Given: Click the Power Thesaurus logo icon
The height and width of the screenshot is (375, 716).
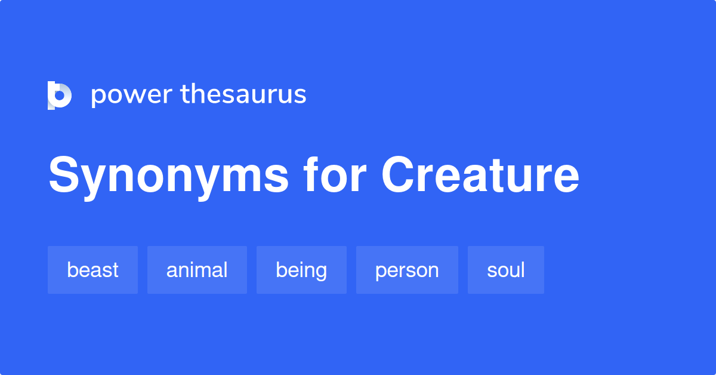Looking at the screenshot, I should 59,96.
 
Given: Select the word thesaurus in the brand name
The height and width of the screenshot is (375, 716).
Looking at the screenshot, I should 243,94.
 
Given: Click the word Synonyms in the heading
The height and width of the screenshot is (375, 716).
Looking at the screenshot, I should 169,176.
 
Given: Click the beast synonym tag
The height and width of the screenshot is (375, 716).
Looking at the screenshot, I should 92,270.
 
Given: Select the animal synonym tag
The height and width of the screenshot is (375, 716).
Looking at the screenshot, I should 197,270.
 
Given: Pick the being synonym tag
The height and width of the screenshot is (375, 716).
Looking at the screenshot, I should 301,270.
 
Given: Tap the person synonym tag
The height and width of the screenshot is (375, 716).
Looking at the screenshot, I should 407,270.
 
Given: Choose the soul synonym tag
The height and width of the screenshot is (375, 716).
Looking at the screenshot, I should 506,270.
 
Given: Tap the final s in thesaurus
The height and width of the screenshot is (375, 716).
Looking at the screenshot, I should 301,96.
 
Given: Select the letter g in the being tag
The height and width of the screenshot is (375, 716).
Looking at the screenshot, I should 320,272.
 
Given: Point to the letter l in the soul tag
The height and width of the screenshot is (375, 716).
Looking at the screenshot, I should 523,269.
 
